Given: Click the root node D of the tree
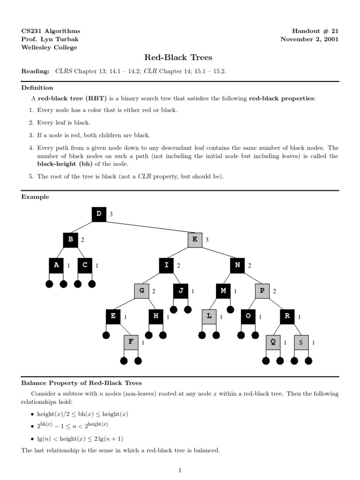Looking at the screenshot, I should click(x=99, y=214).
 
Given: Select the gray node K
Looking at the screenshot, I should click(x=195, y=240).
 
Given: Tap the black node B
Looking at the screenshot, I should click(x=70, y=240).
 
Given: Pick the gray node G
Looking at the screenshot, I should click(x=141, y=291).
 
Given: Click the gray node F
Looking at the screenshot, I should click(x=131, y=342).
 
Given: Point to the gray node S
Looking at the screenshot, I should click(x=301, y=342).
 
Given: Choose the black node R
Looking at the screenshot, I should click(x=287, y=317).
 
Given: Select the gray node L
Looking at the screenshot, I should click(x=209, y=317).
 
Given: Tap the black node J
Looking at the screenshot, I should click(x=180, y=291).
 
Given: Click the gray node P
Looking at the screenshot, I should click(x=262, y=291).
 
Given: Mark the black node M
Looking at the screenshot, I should click(x=223, y=291).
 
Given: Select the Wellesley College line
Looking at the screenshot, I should click(x=49, y=47).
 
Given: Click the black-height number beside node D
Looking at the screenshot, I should click(x=111, y=214).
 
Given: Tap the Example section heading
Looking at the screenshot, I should click(x=35, y=197).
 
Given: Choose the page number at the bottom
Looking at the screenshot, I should click(x=180, y=470).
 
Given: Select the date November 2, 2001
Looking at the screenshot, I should click(x=309, y=39).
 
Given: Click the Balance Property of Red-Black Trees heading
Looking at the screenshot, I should click(x=82, y=383).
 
